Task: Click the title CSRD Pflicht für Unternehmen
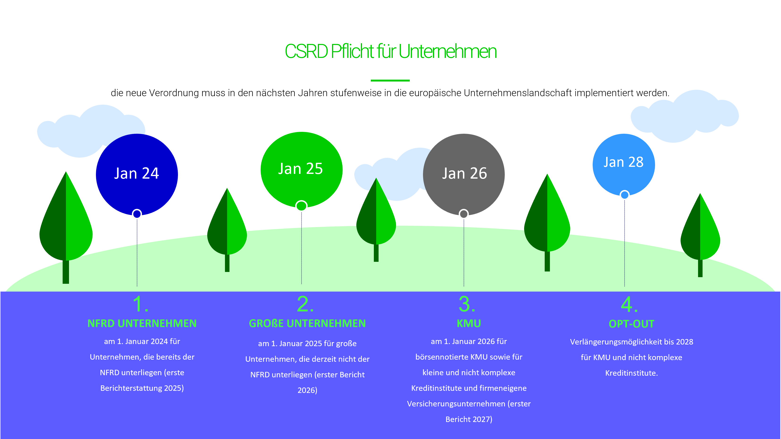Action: (x=390, y=51)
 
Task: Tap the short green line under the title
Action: (x=390, y=80)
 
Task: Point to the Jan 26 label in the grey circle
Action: (x=465, y=173)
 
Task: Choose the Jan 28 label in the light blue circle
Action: (x=623, y=162)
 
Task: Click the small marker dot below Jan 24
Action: (x=137, y=214)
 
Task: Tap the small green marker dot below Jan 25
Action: (x=301, y=206)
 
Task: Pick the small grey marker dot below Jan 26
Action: (x=464, y=214)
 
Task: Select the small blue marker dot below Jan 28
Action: (x=625, y=195)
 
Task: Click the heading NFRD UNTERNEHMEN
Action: (x=142, y=323)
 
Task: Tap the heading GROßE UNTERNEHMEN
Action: (x=307, y=323)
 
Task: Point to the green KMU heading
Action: (x=469, y=323)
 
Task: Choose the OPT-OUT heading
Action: (x=631, y=324)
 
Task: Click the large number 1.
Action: (x=140, y=304)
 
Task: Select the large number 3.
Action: (x=467, y=304)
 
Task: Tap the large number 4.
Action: (x=630, y=304)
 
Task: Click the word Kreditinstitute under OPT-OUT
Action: (x=631, y=373)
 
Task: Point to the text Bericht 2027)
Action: (x=469, y=419)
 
